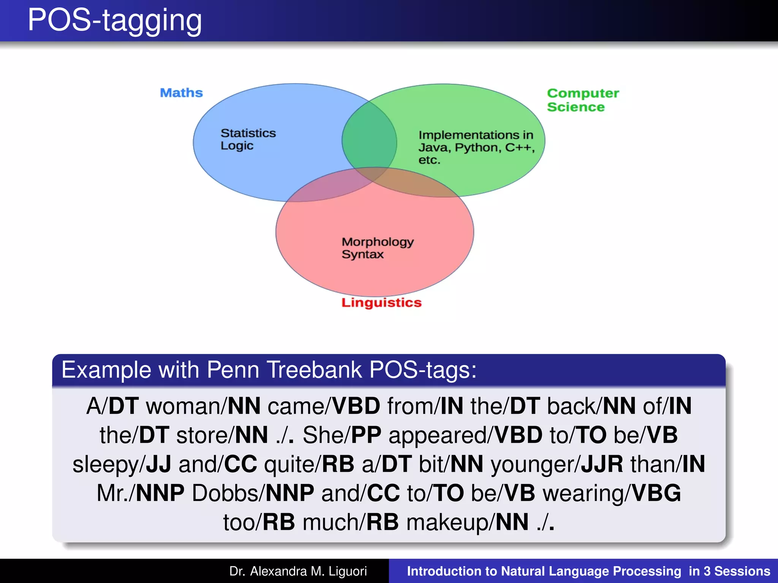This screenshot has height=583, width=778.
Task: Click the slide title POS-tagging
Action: pyautogui.click(x=115, y=20)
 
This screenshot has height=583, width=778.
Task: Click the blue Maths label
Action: pyautogui.click(x=181, y=93)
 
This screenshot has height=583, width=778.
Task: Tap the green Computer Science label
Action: pyautogui.click(x=582, y=100)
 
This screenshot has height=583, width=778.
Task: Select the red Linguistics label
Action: pyautogui.click(x=381, y=303)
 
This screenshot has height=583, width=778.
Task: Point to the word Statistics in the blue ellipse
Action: pyautogui.click(x=248, y=133)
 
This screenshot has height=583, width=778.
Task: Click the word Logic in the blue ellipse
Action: pyautogui.click(x=237, y=146)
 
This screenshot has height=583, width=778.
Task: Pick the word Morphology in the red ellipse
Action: pyautogui.click(x=377, y=242)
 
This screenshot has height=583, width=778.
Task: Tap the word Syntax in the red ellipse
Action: pyautogui.click(x=362, y=254)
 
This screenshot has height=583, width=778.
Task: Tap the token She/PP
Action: pyautogui.click(x=342, y=435)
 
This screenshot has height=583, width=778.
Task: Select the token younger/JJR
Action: pyautogui.click(x=557, y=464)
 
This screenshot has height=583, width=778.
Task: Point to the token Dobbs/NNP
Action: pyautogui.click(x=253, y=493)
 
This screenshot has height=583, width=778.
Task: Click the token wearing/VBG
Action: pyautogui.click(x=612, y=493)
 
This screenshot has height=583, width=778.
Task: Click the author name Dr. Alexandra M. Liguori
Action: pyautogui.click(x=298, y=571)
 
